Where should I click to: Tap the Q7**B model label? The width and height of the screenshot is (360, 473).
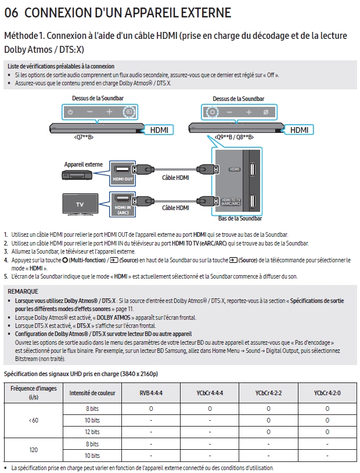84,138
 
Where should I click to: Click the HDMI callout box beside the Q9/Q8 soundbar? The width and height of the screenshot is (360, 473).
300,130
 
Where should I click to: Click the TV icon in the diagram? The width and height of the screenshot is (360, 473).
80,204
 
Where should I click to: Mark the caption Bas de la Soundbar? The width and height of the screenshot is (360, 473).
240,219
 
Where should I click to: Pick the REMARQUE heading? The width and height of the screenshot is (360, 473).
23,291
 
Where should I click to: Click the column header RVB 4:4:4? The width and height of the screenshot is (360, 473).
150,393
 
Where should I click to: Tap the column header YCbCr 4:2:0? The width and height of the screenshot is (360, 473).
327,393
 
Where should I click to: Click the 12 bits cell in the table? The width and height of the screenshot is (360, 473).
92,431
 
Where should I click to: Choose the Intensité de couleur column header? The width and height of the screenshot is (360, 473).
92,393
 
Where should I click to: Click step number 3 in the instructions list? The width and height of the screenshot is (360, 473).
6,251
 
